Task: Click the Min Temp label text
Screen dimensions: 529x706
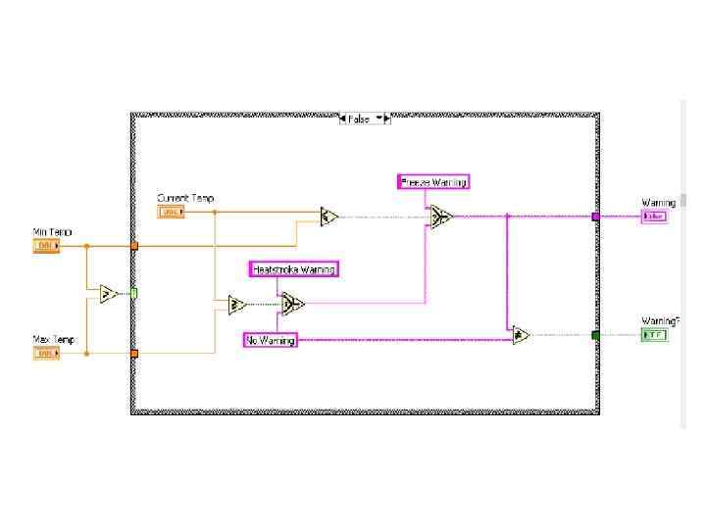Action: [52, 232]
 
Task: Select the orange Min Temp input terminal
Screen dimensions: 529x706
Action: [46, 246]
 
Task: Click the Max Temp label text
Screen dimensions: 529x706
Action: [53, 339]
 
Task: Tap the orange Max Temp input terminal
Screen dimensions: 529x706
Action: [46, 353]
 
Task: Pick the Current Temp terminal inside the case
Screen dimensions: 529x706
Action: [171, 212]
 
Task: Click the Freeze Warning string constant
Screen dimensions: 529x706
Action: [433, 181]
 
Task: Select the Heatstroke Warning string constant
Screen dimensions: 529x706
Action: [293, 269]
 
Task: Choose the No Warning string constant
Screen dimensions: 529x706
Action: [270, 340]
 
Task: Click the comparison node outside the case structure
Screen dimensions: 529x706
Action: [110, 293]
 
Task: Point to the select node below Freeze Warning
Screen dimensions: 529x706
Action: [441, 216]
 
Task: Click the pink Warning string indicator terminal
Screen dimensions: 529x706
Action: [654, 216]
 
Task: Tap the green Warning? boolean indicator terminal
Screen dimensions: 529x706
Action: [654, 335]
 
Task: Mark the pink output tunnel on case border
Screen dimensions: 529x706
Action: [595, 216]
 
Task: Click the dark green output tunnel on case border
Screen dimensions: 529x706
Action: [595, 335]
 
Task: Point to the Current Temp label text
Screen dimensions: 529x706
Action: [185, 198]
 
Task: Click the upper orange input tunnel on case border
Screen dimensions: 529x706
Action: [134, 246]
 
